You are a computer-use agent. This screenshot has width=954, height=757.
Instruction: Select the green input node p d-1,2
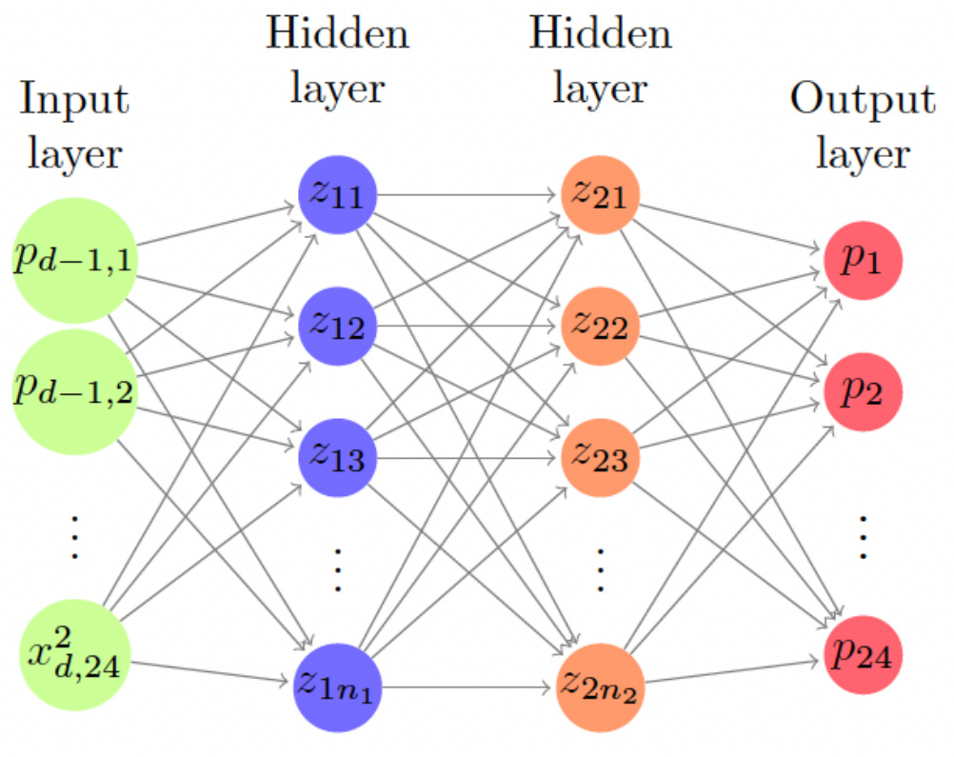[x=74, y=386]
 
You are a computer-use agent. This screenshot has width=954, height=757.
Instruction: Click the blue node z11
[x=338, y=194]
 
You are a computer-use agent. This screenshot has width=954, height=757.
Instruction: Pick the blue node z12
[x=338, y=327]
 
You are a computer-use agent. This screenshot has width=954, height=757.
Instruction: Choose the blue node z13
[x=338, y=458]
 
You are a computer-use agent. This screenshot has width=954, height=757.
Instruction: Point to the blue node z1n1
[x=338, y=683]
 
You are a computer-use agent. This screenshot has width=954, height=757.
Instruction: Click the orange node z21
[x=600, y=194]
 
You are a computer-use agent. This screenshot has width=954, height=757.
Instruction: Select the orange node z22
[x=600, y=327]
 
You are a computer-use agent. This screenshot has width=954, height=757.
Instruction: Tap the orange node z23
[x=600, y=458]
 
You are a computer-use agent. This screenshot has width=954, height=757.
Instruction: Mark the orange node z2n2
[x=600, y=683]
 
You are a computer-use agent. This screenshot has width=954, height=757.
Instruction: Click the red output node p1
[x=862, y=259]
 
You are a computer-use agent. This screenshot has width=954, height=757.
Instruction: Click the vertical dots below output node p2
[x=862, y=538]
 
